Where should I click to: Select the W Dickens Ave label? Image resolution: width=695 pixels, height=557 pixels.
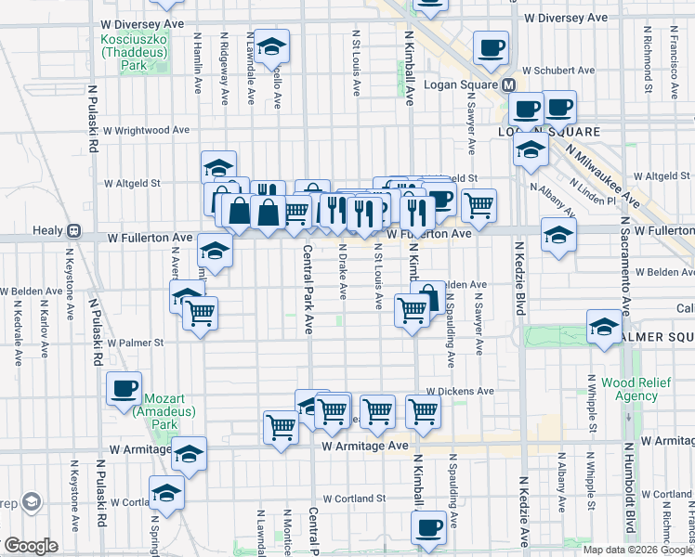(460, 392)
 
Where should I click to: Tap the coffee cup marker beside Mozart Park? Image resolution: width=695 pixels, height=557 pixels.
(124, 389)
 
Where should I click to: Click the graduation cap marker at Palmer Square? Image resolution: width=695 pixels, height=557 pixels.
(604, 327)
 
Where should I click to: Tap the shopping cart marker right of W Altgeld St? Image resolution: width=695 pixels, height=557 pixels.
(479, 205)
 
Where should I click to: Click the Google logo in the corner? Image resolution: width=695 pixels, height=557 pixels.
(30, 546)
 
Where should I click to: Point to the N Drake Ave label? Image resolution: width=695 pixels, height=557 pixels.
(343, 271)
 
